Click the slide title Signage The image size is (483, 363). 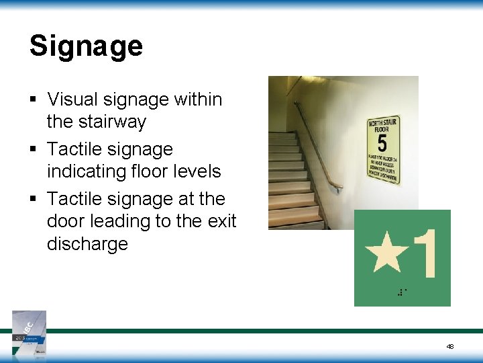86,46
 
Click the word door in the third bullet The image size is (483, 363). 66,221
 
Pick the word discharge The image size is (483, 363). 87,243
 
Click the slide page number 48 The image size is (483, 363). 449,346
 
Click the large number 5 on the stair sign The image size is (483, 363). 382,143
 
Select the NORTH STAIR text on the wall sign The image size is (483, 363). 383,123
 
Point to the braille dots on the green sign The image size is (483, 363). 402,292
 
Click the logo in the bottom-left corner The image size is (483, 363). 30,333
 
